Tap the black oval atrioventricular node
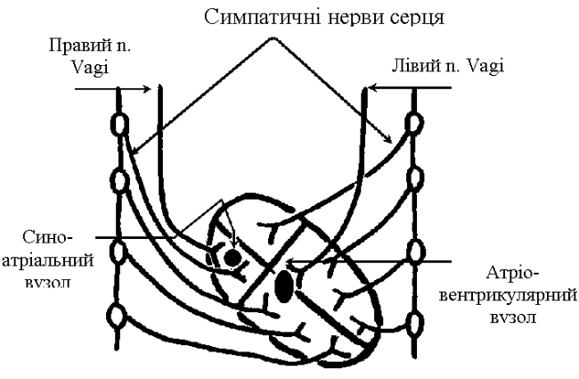coord(284,285)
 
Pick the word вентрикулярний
coord(519,294)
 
